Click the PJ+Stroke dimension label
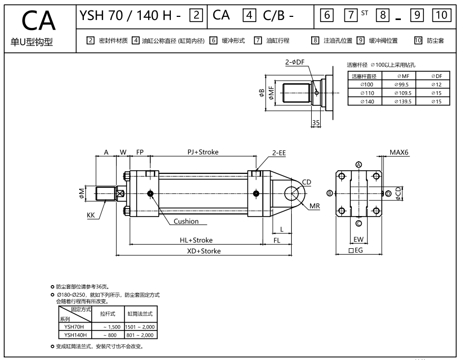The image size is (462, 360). (x=203, y=152)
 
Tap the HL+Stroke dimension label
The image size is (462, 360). (x=196, y=240)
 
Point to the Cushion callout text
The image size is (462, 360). (x=186, y=221)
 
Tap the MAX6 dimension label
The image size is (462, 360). (x=399, y=152)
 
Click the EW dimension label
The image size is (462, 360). (x=359, y=240)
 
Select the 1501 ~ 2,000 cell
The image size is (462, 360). (x=141, y=327)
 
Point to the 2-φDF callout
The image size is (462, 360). (x=295, y=62)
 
